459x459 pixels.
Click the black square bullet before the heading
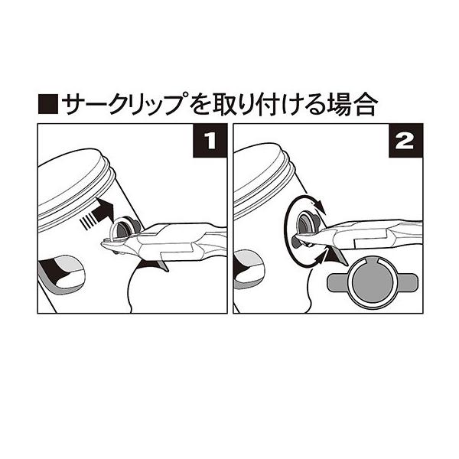point(48,104)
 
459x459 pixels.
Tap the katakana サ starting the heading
point(73,104)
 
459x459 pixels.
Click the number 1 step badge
point(210,141)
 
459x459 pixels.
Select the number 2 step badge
point(405,141)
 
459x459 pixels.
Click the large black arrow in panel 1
point(103,210)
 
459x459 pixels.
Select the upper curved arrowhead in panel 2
point(320,207)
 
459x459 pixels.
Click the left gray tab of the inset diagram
point(337,282)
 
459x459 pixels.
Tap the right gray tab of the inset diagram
point(407,282)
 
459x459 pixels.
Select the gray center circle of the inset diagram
point(372,282)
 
